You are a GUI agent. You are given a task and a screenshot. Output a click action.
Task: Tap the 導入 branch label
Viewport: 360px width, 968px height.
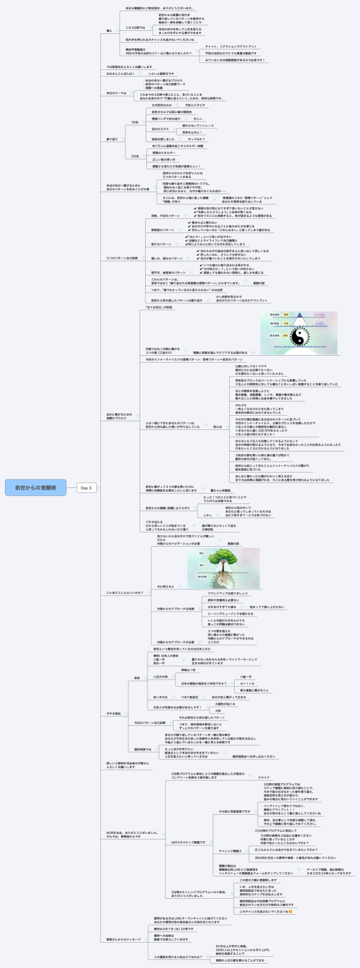point(109,30)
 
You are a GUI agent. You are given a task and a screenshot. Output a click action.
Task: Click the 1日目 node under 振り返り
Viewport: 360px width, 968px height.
point(135,122)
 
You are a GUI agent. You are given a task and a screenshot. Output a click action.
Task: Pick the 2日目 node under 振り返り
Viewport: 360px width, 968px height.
point(135,156)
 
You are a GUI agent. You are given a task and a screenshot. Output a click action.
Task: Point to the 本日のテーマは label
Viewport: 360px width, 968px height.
point(115,93)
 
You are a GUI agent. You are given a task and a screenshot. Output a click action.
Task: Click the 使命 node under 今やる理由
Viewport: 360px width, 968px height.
point(136,660)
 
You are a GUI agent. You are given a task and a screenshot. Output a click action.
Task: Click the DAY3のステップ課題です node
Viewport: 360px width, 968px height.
point(188,842)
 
